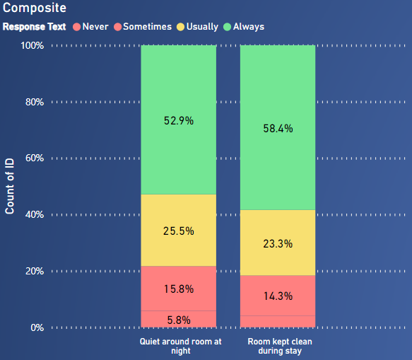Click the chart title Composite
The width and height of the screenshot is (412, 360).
point(35,8)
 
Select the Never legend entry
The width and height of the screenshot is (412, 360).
point(90,27)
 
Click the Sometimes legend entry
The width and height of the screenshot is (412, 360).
point(143,27)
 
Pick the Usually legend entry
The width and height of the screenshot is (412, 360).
point(198,27)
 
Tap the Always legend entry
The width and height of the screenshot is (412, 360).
point(244,27)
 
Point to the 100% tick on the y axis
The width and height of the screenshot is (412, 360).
point(33,46)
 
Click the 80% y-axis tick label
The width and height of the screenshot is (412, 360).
point(35,102)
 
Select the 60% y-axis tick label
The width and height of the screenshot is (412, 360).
point(35,158)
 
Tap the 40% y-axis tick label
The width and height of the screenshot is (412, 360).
point(35,215)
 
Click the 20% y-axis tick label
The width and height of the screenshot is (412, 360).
point(35,271)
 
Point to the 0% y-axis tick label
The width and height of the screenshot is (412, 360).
point(37,327)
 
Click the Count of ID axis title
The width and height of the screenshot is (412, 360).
point(9,186)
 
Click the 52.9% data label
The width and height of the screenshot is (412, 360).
point(179,121)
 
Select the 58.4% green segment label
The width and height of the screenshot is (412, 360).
point(278,129)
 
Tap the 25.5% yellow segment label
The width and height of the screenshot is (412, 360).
point(179,231)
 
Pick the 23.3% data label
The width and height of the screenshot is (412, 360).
point(278,244)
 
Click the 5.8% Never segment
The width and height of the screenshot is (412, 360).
point(179,319)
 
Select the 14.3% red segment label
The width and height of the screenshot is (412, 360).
point(278,296)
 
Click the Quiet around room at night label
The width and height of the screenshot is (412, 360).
point(180,346)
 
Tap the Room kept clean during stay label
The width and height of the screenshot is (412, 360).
point(280,346)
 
